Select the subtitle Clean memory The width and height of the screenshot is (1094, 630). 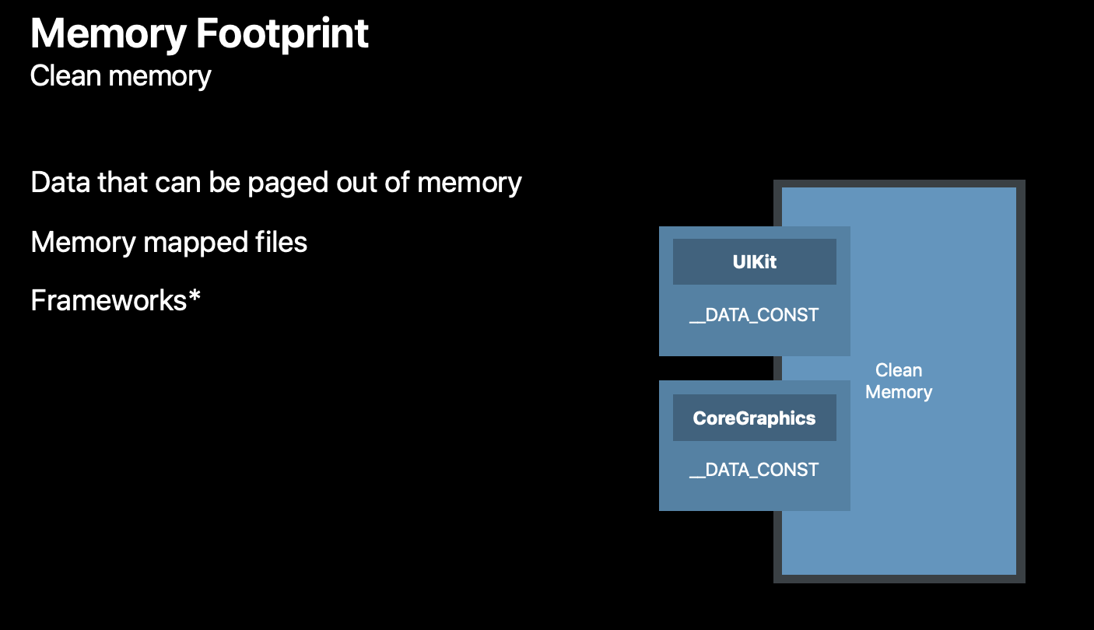(x=121, y=76)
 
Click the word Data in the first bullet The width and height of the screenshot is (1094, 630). (x=60, y=182)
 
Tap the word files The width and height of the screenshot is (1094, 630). (x=280, y=242)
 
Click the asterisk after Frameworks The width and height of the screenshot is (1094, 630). (x=194, y=298)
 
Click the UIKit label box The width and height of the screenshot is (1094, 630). (x=754, y=262)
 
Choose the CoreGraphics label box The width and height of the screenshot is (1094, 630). (x=754, y=418)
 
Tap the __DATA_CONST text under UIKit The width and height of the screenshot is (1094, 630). (x=754, y=315)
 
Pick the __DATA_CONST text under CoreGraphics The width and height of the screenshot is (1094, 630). (x=754, y=470)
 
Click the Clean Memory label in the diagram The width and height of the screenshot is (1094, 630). (x=899, y=381)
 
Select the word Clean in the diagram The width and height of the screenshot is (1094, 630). (x=899, y=370)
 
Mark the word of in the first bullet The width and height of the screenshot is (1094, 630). (x=401, y=182)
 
